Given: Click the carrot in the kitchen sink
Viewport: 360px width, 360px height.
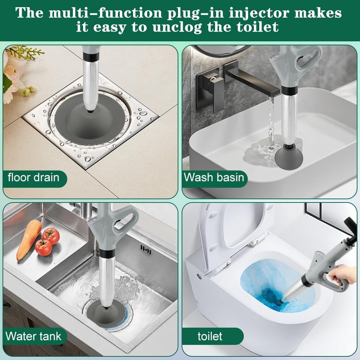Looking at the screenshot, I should pyautogui.click(x=29, y=239).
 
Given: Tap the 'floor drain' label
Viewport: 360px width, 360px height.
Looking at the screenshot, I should pyautogui.click(x=34, y=177).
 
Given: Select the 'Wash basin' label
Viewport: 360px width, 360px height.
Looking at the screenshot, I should pyautogui.click(x=214, y=177).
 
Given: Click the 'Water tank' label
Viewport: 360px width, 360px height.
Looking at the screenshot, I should pyautogui.click(x=34, y=336).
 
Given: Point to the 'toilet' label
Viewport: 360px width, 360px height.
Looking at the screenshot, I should pyautogui.click(x=210, y=336).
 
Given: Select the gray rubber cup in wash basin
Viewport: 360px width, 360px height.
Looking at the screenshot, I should pyautogui.click(x=288, y=155).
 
